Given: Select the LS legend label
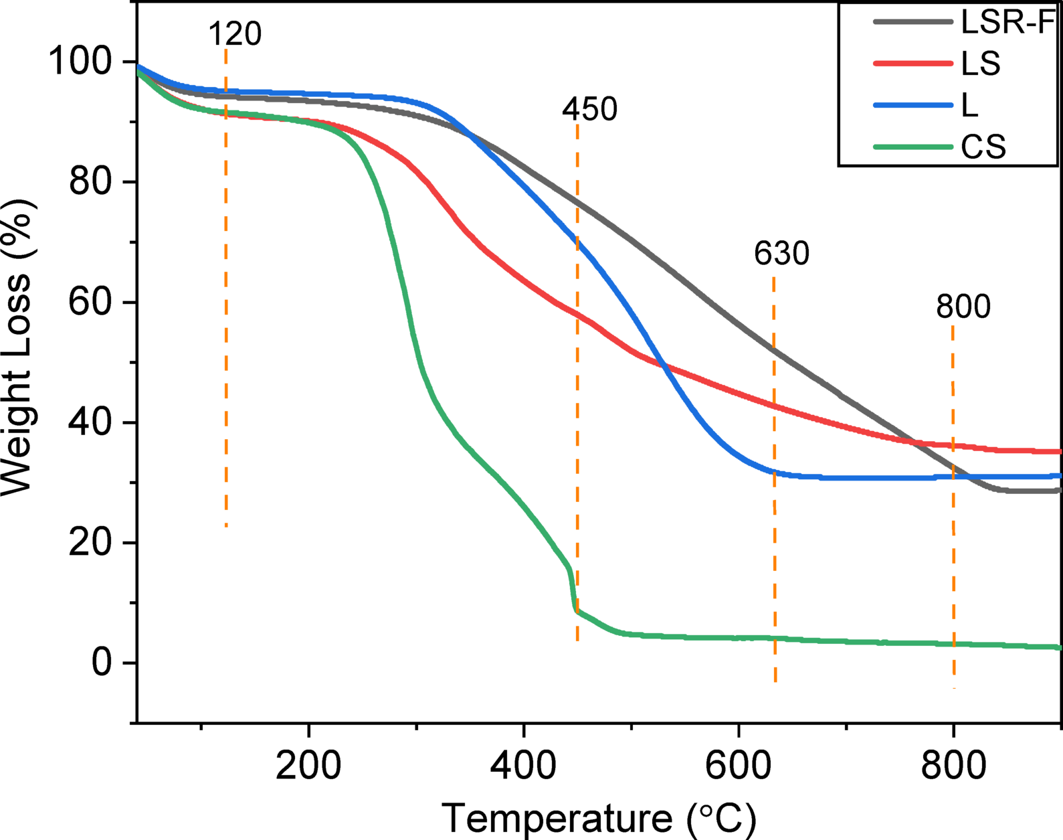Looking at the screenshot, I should pyautogui.click(x=981, y=64).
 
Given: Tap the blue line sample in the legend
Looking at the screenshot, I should pyautogui.click(x=912, y=105).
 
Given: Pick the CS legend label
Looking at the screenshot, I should pyautogui.click(x=983, y=147).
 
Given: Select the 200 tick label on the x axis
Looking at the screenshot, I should pyautogui.click(x=308, y=764).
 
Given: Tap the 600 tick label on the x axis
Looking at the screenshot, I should pyautogui.click(x=738, y=764).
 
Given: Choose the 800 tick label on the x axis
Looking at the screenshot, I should pyautogui.click(x=953, y=764).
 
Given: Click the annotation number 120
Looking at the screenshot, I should pyautogui.click(x=235, y=33).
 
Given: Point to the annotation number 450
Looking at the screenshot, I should pyautogui.click(x=589, y=109).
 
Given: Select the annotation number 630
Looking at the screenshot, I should pyautogui.click(x=781, y=254).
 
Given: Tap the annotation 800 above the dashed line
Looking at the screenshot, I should pyautogui.click(x=963, y=307).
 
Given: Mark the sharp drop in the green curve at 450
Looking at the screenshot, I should pyautogui.click(x=573, y=589).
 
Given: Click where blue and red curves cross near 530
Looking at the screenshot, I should pyautogui.click(x=662, y=364).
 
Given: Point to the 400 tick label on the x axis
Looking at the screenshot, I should pyautogui.click(x=523, y=764).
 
